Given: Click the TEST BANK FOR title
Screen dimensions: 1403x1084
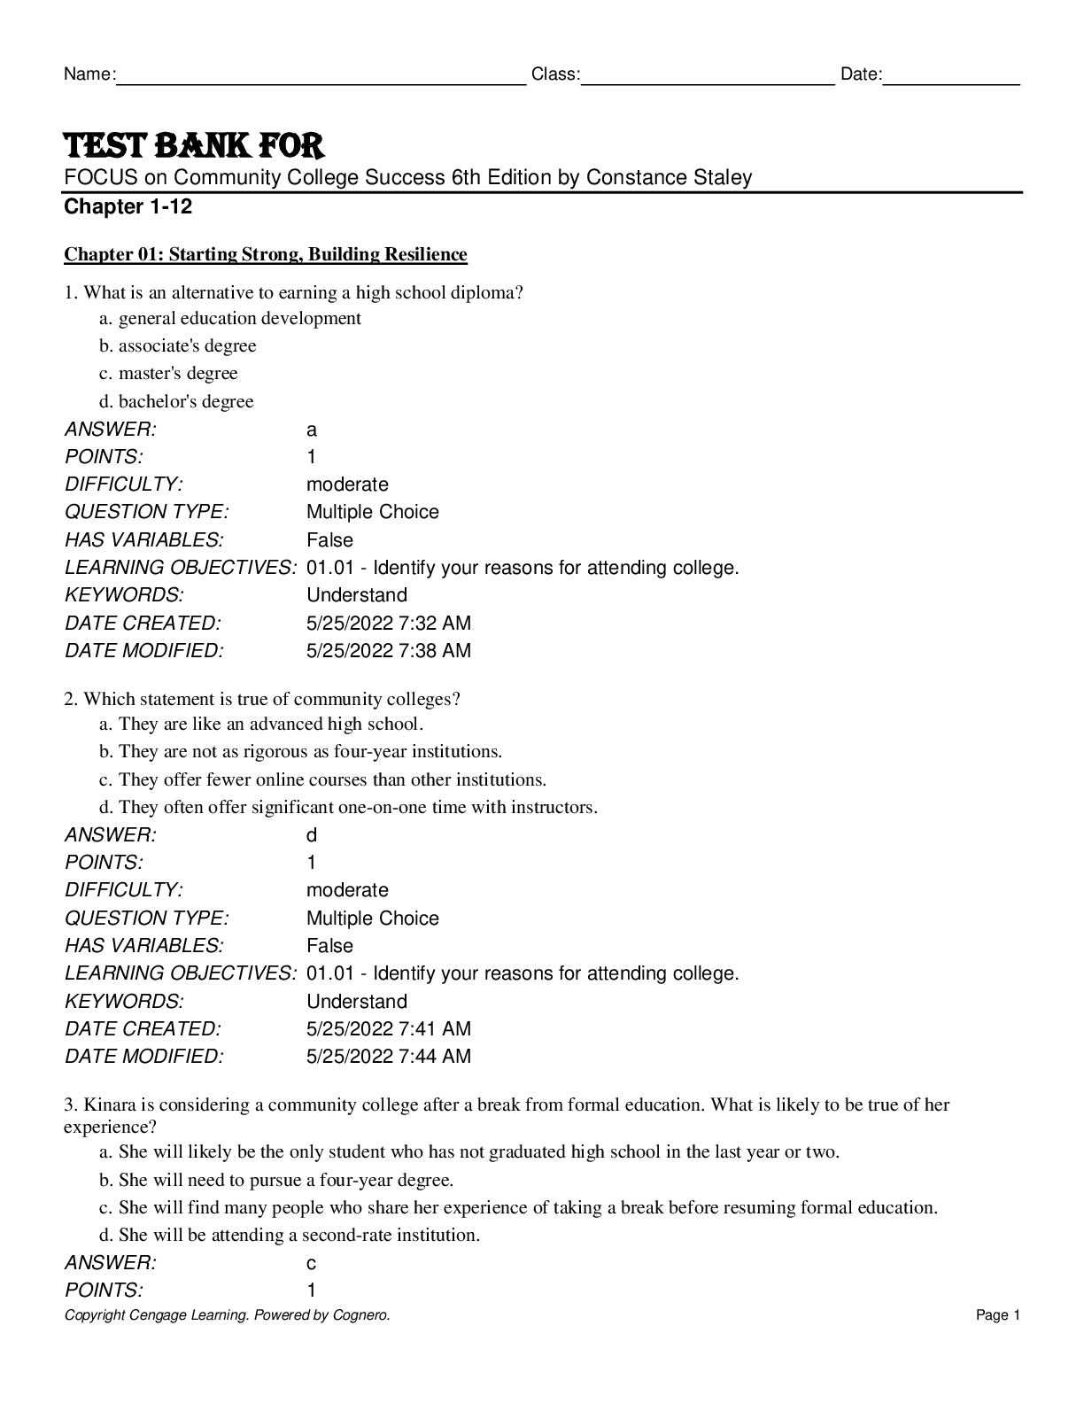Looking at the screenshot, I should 194,145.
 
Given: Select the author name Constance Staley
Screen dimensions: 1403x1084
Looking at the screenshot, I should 669,177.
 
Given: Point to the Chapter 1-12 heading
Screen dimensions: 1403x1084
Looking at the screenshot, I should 128,207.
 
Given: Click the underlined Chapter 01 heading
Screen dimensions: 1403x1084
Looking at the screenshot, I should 265,255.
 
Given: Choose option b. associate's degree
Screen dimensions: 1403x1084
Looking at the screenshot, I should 178,345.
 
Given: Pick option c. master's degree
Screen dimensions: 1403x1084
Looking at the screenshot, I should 168,373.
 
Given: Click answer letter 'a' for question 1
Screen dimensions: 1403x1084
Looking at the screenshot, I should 311,430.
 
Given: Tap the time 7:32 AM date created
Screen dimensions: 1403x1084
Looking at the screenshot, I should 435,624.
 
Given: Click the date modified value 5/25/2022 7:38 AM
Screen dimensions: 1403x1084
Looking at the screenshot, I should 388,651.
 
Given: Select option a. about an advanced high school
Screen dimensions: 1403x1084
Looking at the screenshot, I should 261,724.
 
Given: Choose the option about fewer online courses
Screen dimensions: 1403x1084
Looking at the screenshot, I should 323,779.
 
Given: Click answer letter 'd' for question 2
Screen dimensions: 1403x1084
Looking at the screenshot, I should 311,835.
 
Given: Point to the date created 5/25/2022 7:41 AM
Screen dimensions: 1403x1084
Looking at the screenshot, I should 388,1029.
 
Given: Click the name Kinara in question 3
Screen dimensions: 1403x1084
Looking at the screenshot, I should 111,1105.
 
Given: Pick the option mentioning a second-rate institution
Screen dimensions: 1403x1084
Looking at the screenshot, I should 290,1235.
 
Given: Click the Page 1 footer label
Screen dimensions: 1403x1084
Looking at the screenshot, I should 998,1315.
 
